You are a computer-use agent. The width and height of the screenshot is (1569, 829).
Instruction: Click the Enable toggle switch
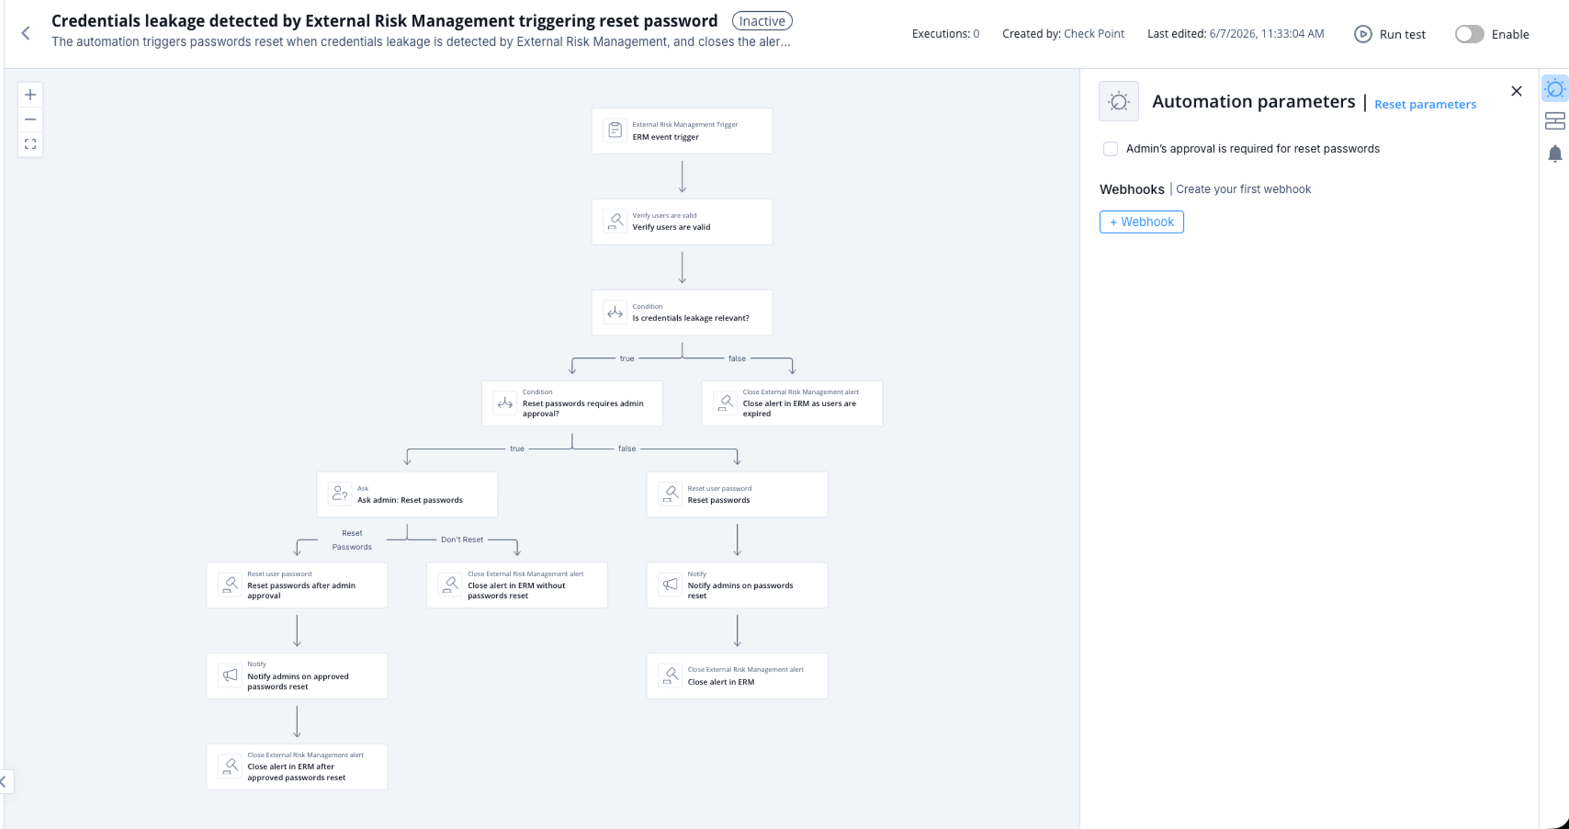[x=1469, y=34]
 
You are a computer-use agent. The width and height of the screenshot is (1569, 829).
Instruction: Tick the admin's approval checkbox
[x=1110, y=149]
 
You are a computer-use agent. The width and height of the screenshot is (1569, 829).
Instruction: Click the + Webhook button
[x=1142, y=222]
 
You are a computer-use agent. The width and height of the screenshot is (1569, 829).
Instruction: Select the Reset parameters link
[x=1425, y=104]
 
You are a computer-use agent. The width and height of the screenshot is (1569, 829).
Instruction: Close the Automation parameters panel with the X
[x=1516, y=91]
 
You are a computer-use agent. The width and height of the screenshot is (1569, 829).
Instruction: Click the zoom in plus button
[x=31, y=95]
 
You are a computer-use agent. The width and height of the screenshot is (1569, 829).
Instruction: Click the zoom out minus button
[x=31, y=119]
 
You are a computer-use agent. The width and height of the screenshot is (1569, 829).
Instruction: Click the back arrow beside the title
[x=26, y=33]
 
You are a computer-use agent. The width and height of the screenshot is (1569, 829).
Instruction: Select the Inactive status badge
[x=762, y=21]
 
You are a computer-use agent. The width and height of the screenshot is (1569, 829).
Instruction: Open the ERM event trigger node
[x=682, y=131]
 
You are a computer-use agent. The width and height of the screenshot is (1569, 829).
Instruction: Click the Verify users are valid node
[x=682, y=222]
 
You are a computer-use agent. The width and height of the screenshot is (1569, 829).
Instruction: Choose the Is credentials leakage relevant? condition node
[x=682, y=312]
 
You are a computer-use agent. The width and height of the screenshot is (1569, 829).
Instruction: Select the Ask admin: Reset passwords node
[x=407, y=494]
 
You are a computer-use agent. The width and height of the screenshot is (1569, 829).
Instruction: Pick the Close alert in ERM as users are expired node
[x=792, y=403]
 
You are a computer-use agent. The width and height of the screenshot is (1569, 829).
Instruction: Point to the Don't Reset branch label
[x=461, y=540]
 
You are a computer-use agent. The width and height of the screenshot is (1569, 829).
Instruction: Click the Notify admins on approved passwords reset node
[x=297, y=676]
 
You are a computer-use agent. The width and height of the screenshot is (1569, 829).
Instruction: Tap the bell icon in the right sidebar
[x=1554, y=153]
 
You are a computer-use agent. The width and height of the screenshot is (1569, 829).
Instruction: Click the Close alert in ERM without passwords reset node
[x=517, y=586]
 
